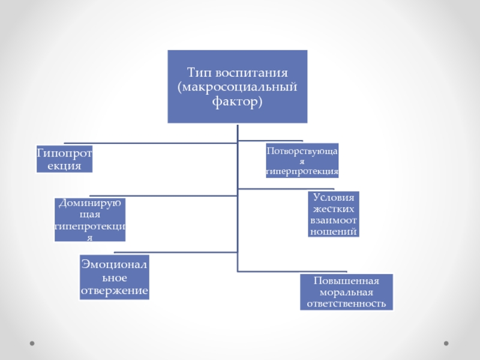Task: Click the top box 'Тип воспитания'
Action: [x=238, y=86]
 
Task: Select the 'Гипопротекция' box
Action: [x=64, y=159]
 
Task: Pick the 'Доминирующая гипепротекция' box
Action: [x=91, y=220]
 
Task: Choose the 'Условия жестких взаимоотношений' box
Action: [x=334, y=214]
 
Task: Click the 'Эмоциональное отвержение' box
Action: [x=115, y=277]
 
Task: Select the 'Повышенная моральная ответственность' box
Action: [x=346, y=292]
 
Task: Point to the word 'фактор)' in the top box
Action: [x=238, y=103]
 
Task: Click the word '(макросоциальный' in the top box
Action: [x=238, y=88]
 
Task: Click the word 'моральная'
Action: [x=346, y=292]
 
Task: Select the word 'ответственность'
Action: [x=346, y=304]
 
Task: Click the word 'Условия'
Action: [x=334, y=197]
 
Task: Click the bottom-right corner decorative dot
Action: [x=446, y=343]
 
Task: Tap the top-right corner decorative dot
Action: [x=446, y=18]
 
